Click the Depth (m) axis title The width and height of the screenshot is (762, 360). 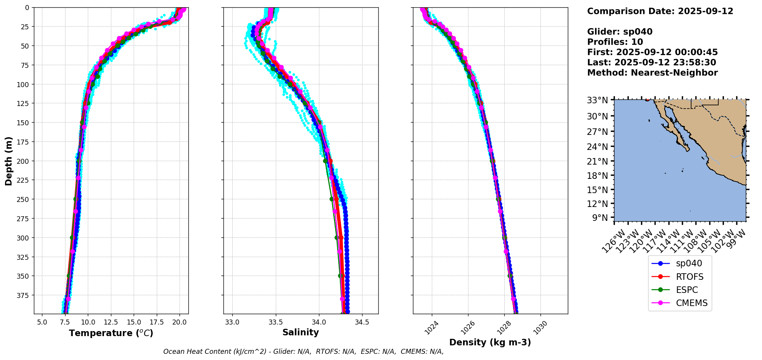point(8,161)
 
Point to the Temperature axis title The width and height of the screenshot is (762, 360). point(111,333)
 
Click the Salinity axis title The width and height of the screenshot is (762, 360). point(300,332)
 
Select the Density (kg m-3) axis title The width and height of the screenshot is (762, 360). point(490,342)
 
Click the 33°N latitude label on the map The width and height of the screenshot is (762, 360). point(597,101)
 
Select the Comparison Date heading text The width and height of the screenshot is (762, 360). point(660,11)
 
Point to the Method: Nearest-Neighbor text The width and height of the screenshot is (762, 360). point(652,73)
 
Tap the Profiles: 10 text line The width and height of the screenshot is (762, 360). point(615,42)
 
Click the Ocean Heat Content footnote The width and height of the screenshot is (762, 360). point(303,352)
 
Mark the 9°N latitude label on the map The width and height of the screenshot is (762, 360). point(600,218)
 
